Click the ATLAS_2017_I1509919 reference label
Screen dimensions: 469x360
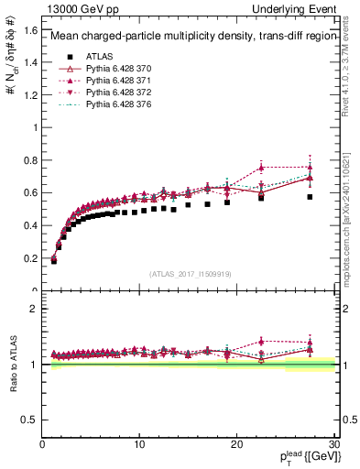(189, 275)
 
